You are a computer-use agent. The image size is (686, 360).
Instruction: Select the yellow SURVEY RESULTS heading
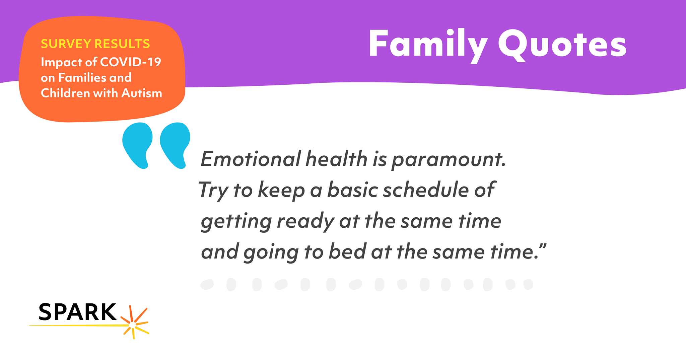95,44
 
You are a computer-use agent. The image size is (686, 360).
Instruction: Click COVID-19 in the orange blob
131,62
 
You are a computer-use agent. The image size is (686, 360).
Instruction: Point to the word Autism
142,93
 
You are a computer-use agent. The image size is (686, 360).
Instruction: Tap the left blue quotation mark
137,146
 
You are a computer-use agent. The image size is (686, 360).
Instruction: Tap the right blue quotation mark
175,146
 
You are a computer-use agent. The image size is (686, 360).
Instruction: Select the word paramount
449,160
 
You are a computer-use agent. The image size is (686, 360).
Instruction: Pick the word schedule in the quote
426,190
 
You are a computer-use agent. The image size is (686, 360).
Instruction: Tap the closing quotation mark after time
543,247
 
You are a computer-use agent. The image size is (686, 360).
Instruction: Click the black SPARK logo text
77,312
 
